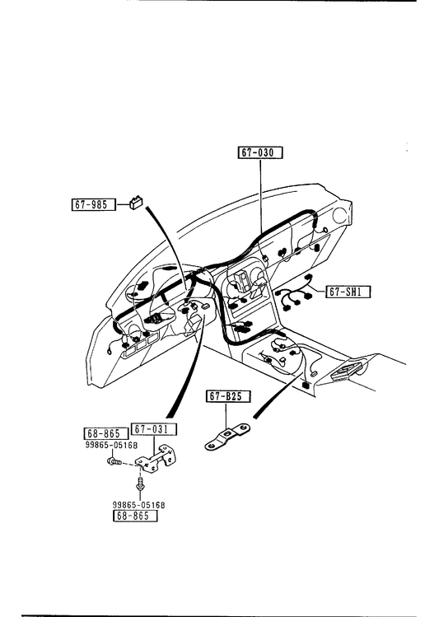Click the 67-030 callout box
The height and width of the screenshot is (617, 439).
pyautogui.click(x=260, y=152)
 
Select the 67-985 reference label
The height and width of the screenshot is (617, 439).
pyautogui.click(x=94, y=204)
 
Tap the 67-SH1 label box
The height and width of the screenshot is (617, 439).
pyautogui.click(x=348, y=292)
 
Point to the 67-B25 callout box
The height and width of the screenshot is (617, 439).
pyautogui.click(x=228, y=396)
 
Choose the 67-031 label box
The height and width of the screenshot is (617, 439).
pyautogui.click(x=154, y=429)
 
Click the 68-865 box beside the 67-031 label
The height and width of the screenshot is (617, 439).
pyautogui.click(x=106, y=433)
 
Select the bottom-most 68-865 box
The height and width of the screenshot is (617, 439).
pyautogui.click(x=135, y=516)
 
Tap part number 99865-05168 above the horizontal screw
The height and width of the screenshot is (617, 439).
pyautogui.click(x=111, y=445)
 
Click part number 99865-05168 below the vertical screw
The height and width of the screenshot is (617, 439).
pyautogui.click(x=138, y=505)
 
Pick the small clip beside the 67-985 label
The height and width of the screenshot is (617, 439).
pyautogui.click(x=136, y=203)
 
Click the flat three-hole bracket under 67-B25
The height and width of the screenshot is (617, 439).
pyautogui.click(x=228, y=437)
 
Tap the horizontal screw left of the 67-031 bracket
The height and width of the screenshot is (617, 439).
pyautogui.click(x=114, y=460)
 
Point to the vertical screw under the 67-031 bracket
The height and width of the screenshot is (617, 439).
pyautogui.click(x=139, y=484)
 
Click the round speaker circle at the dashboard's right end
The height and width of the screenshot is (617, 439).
pyautogui.click(x=341, y=216)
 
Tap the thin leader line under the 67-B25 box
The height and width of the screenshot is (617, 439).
pyautogui.click(x=227, y=416)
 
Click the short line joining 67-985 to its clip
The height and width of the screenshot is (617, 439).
pyautogui.click(x=123, y=204)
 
